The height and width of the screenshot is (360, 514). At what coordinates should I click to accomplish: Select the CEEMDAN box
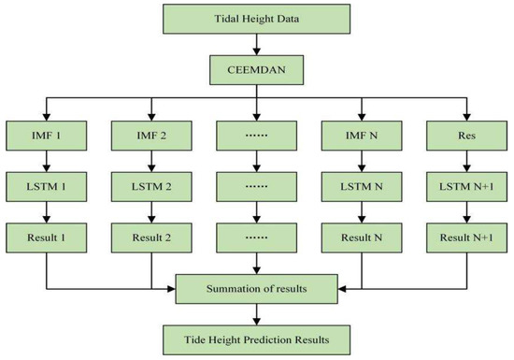[x=256, y=70]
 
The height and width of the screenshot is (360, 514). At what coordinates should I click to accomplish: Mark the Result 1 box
[x=46, y=238]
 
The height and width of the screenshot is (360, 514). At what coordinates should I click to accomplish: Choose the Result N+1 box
[x=467, y=238]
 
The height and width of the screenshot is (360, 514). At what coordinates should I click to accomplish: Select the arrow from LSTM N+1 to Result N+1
[x=467, y=213]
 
